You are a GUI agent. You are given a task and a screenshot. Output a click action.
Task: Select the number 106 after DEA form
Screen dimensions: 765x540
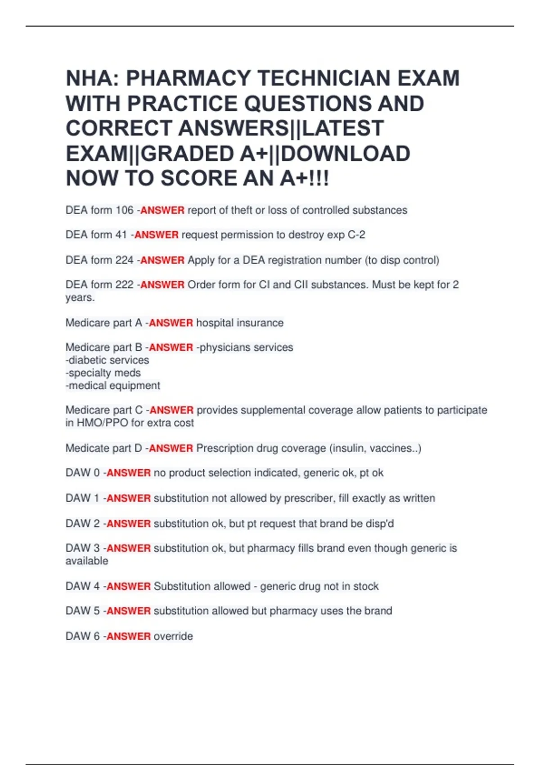click(x=125, y=210)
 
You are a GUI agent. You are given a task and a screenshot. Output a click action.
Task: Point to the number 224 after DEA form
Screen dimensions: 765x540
click(x=125, y=260)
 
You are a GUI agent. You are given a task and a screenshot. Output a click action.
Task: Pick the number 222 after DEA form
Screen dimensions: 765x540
click(x=125, y=285)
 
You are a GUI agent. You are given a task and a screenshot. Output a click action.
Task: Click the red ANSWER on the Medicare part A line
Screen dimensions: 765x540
click(x=171, y=323)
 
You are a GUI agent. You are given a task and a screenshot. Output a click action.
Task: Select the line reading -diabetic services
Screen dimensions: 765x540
click(x=108, y=360)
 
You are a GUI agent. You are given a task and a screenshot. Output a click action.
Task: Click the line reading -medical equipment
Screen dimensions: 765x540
click(x=113, y=386)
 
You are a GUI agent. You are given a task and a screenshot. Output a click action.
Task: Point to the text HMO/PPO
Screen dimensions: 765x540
click(x=103, y=423)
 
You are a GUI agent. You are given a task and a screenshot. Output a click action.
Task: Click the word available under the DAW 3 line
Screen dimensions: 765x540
click(x=87, y=561)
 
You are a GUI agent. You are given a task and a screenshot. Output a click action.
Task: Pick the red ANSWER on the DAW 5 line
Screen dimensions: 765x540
click(x=129, y=611)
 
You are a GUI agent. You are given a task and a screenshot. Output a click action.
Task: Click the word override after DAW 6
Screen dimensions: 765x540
click(x=173, y=636)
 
